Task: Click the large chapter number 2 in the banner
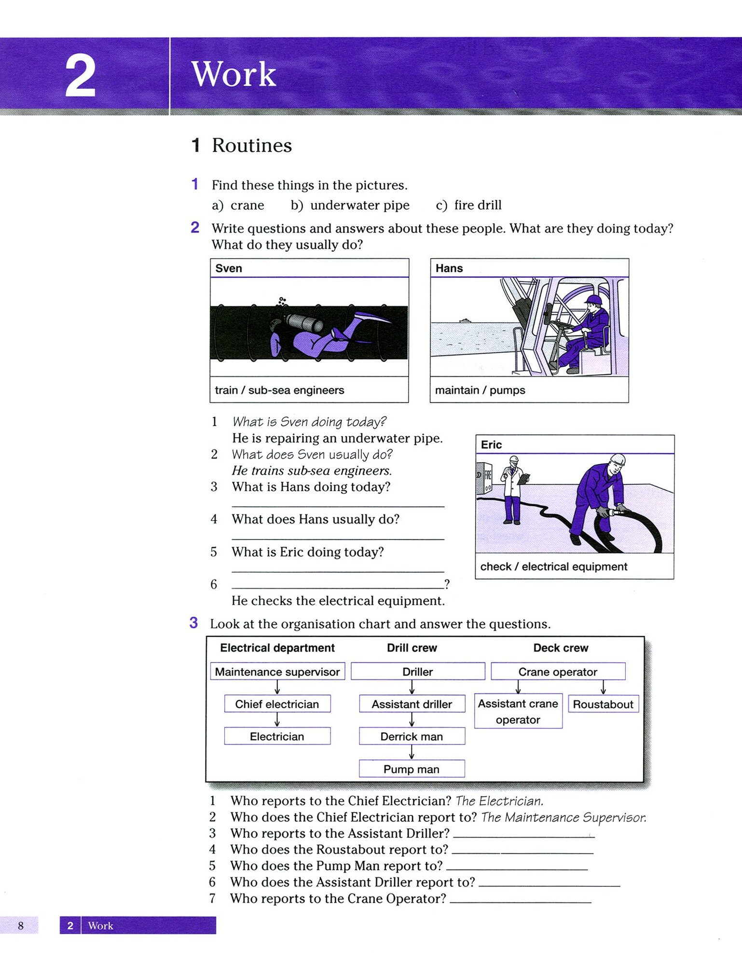80,75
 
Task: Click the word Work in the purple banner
234,74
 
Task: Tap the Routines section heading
252,145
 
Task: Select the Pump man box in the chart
412,769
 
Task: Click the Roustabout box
603,704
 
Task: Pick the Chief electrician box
277,703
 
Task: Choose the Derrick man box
412,736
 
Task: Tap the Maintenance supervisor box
277,671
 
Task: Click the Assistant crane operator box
518,711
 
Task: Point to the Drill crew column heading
412,648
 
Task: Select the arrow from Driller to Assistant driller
412,687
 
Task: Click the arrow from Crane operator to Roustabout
603,687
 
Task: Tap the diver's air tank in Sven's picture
304,322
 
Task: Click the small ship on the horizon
465,319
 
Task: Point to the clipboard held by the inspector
523,479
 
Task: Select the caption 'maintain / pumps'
480,390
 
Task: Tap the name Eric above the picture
491,444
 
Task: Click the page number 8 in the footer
20,925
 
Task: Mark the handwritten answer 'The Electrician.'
499,801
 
